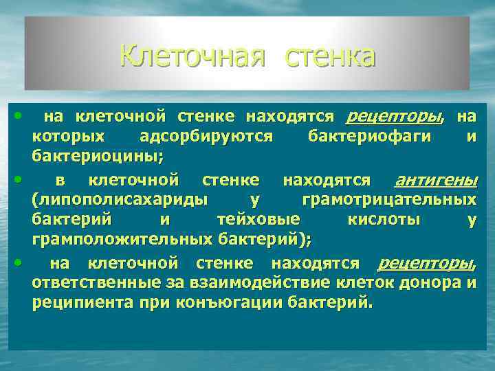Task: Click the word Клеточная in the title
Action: click(x=192, y=56)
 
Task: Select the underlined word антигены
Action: click(x=435, y=181)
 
